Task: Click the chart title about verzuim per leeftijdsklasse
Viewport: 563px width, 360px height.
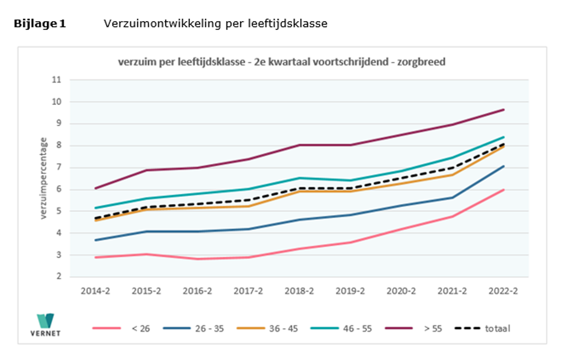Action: pos(281,62)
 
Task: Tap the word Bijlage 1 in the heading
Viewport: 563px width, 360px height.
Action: pos(40,24)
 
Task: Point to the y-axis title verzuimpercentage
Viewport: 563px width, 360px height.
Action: pos(44,178)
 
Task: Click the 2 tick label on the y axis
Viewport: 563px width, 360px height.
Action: pos(58,277)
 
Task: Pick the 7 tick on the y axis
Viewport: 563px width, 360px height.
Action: pos(58,168)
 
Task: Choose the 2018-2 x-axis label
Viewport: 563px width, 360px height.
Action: pos(299,291)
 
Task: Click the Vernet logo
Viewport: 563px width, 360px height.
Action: pos(45,324)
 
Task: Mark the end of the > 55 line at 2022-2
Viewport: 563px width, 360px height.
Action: pos(504,110)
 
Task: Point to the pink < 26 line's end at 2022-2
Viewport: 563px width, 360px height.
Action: pos(504,190)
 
